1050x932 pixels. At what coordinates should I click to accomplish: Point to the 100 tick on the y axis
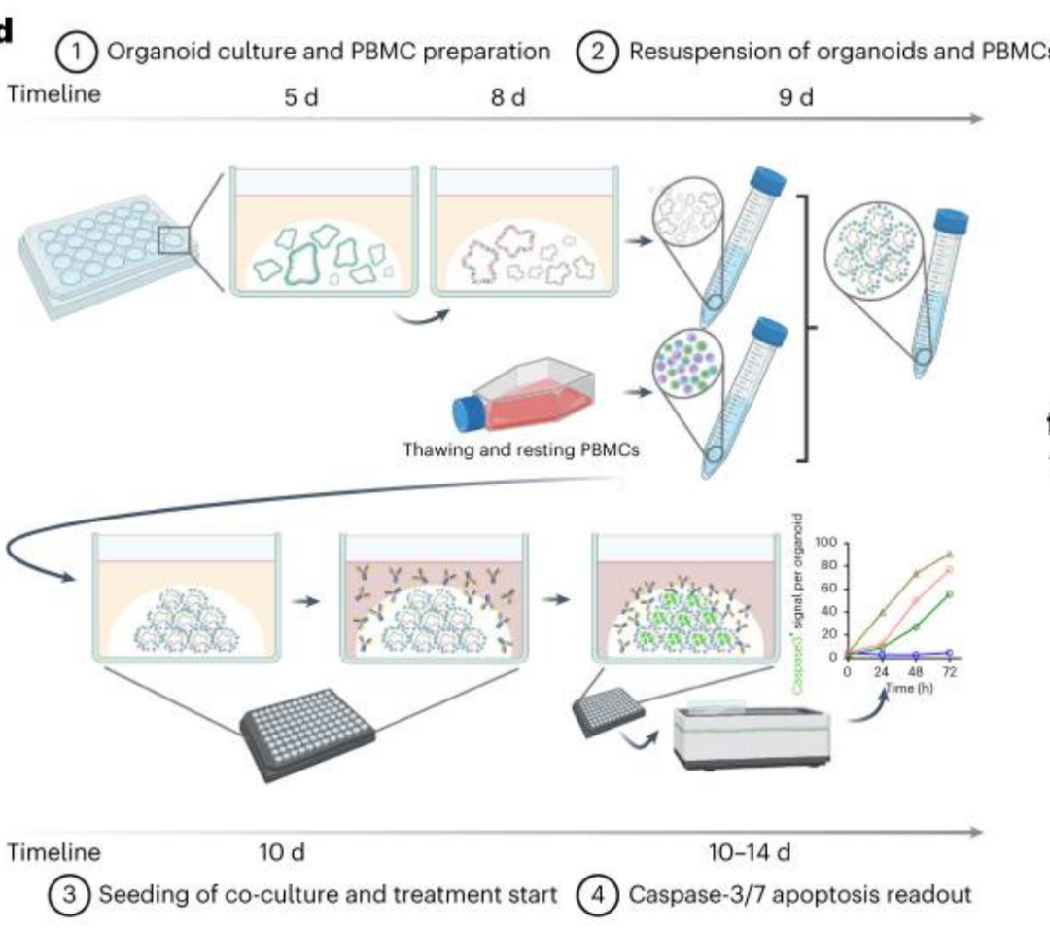coord(826,542)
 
